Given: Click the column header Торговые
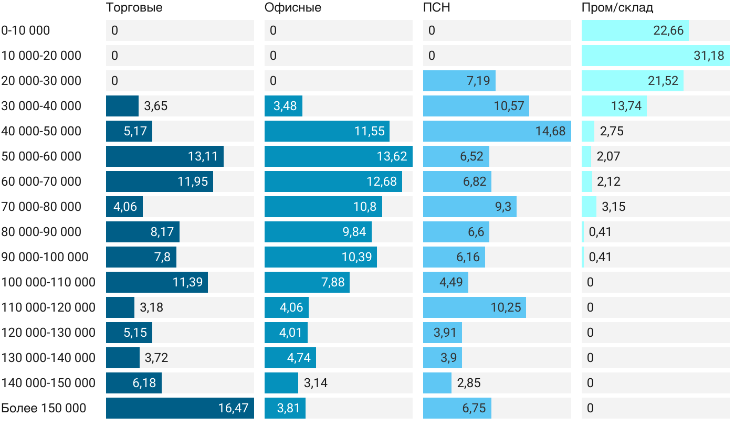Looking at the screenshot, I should tap(134, 8).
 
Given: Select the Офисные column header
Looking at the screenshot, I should tap(293, 8).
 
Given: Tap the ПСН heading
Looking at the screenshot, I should tap(436, 8).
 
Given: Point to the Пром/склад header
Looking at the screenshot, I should tap(617, 8).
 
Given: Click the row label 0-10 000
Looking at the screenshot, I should tap(26, 30).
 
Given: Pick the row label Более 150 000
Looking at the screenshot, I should tap(44, 408).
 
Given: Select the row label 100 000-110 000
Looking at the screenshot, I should tap(48, 282).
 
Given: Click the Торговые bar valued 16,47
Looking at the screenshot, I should tap(180, 408).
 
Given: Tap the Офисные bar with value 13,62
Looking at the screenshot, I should tap(338, 156).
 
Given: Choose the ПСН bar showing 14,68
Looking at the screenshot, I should tap(497, 131).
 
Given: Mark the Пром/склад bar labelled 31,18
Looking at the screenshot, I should tap(655, 56).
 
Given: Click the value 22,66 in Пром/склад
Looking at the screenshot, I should tap(668, 30).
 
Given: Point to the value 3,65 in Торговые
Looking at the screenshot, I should tap(156, 106).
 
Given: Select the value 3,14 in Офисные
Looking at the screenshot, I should tap(316, 383).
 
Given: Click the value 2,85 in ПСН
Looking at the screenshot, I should tap(469, 383).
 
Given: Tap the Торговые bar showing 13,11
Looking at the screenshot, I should tap(164, 156).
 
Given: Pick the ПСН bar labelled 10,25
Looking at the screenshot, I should tap(474, 307).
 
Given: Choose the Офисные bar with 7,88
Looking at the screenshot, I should tap(307, 282).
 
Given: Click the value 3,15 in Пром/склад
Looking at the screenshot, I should tap(614, 207).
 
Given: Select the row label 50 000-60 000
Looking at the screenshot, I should tap(41, 156).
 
